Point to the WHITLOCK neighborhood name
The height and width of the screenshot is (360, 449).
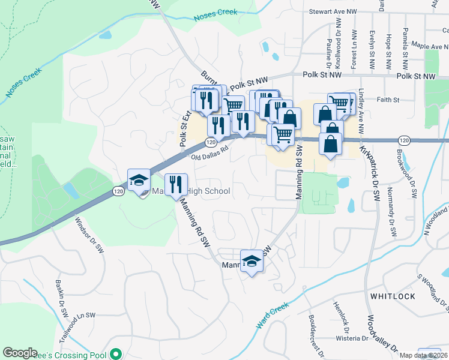click(393, 296)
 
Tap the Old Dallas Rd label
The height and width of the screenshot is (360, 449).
click(211, 154)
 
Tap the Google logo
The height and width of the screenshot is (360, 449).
click(20, 353)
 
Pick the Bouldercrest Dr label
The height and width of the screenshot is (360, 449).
click(316, 328)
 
